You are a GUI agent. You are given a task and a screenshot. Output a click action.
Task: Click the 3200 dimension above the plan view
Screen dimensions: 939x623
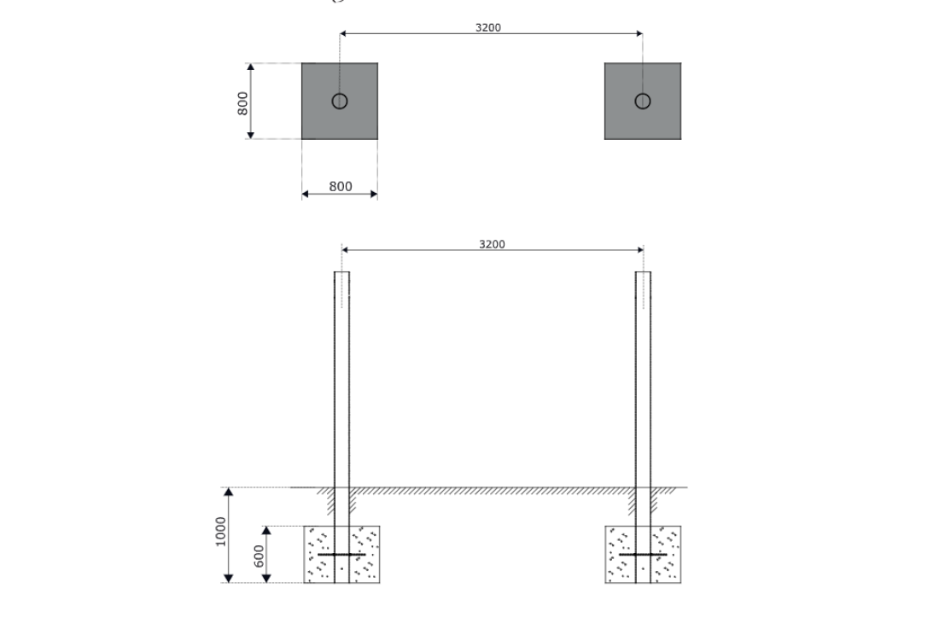coord(488,27)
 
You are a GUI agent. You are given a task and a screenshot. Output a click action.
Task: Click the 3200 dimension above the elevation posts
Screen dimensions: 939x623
coord(492,244)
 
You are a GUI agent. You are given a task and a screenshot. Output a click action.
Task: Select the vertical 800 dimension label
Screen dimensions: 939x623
coord(242,103)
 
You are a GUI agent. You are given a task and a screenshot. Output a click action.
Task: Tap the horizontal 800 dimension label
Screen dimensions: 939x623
coord(340,187)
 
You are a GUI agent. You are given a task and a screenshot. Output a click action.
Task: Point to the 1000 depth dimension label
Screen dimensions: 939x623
coord(220,532)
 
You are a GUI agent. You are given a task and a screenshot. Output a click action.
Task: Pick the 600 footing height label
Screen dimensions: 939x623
coord(259,556)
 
